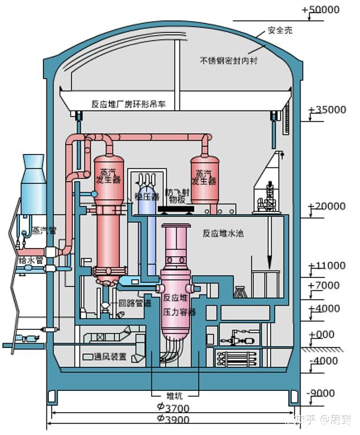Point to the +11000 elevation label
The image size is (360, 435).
[328, 265]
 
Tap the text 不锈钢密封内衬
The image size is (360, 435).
[230, 61]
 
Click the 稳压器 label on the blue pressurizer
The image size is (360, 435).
[146, 196]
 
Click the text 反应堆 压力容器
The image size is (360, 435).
[179, 304]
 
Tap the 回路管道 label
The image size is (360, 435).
[135, 303]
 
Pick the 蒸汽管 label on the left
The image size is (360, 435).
[44, 230]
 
